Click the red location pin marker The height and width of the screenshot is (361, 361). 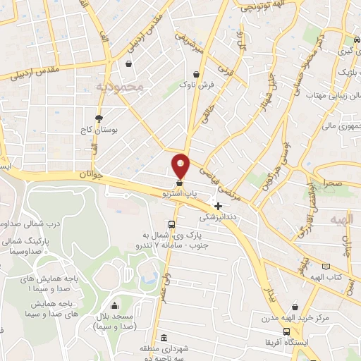coord(181,166)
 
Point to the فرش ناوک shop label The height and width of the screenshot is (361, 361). coord(196,85)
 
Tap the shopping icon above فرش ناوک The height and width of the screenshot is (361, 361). coord(196,73)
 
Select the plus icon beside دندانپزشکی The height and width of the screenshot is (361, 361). coord(219,207)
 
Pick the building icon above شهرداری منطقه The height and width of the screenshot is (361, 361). coord(164,337)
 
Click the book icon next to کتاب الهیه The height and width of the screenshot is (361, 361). coord(325,267)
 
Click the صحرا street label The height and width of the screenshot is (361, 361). coord(333,183)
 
